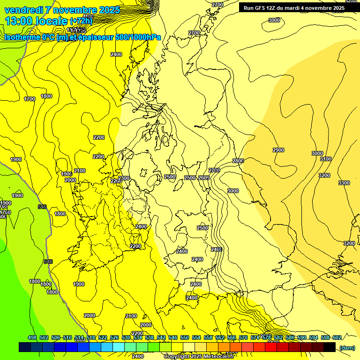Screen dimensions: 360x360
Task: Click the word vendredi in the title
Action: click(x=23, y=10)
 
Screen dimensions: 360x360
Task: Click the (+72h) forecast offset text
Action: click(x=81, y=21)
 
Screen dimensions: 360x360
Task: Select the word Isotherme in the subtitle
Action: click(x=23, y=37)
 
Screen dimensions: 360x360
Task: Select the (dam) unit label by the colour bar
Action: click(x=346, y=347)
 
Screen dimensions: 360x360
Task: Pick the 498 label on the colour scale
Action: click(x=32, y=337)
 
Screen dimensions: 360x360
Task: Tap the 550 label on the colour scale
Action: click(x=185, y=337)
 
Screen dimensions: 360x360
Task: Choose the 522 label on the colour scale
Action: click(x=103, y=337)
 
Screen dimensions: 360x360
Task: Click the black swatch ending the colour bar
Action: click(x=330, y=347)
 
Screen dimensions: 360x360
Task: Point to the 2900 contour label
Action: click(x=278, y=150)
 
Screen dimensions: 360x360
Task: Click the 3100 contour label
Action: click(x=326, y=159)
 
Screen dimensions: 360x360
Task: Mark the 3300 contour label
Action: click(x=344, y=183)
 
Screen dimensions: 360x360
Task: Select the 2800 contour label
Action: click(x=238, y=161)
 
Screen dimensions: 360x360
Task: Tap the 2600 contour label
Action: click(x=204, y=178)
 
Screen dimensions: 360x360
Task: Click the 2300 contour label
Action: click(x=124, y=178)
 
